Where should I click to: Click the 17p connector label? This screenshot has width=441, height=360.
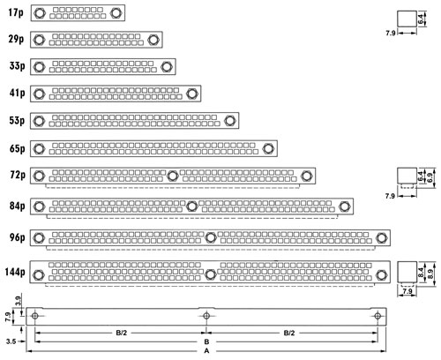16,12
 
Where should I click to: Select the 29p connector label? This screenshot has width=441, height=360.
16,39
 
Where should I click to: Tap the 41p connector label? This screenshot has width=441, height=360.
17,93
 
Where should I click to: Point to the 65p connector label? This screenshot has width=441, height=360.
17,148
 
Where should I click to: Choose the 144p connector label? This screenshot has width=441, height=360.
15,272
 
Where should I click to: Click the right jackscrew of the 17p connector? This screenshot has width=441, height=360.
116,13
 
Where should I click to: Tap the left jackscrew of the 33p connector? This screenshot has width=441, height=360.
39,67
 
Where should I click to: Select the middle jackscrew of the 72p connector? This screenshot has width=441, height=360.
173,176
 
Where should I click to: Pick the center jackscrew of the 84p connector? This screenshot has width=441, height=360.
191,206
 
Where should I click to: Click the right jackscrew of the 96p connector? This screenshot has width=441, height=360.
381,237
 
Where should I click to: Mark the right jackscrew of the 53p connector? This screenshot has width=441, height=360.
229,121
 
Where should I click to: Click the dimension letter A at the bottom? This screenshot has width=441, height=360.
206,351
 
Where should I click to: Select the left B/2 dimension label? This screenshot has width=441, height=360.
122,333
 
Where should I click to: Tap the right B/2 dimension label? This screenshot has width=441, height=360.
289,333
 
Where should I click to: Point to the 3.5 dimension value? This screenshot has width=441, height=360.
11,341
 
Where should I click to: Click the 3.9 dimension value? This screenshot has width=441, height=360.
18,301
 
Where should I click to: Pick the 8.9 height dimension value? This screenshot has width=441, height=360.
430,274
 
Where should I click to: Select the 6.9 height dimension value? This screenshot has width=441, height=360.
430,177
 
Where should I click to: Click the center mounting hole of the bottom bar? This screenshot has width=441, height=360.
206,316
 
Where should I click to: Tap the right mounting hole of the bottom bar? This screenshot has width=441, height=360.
377,316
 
